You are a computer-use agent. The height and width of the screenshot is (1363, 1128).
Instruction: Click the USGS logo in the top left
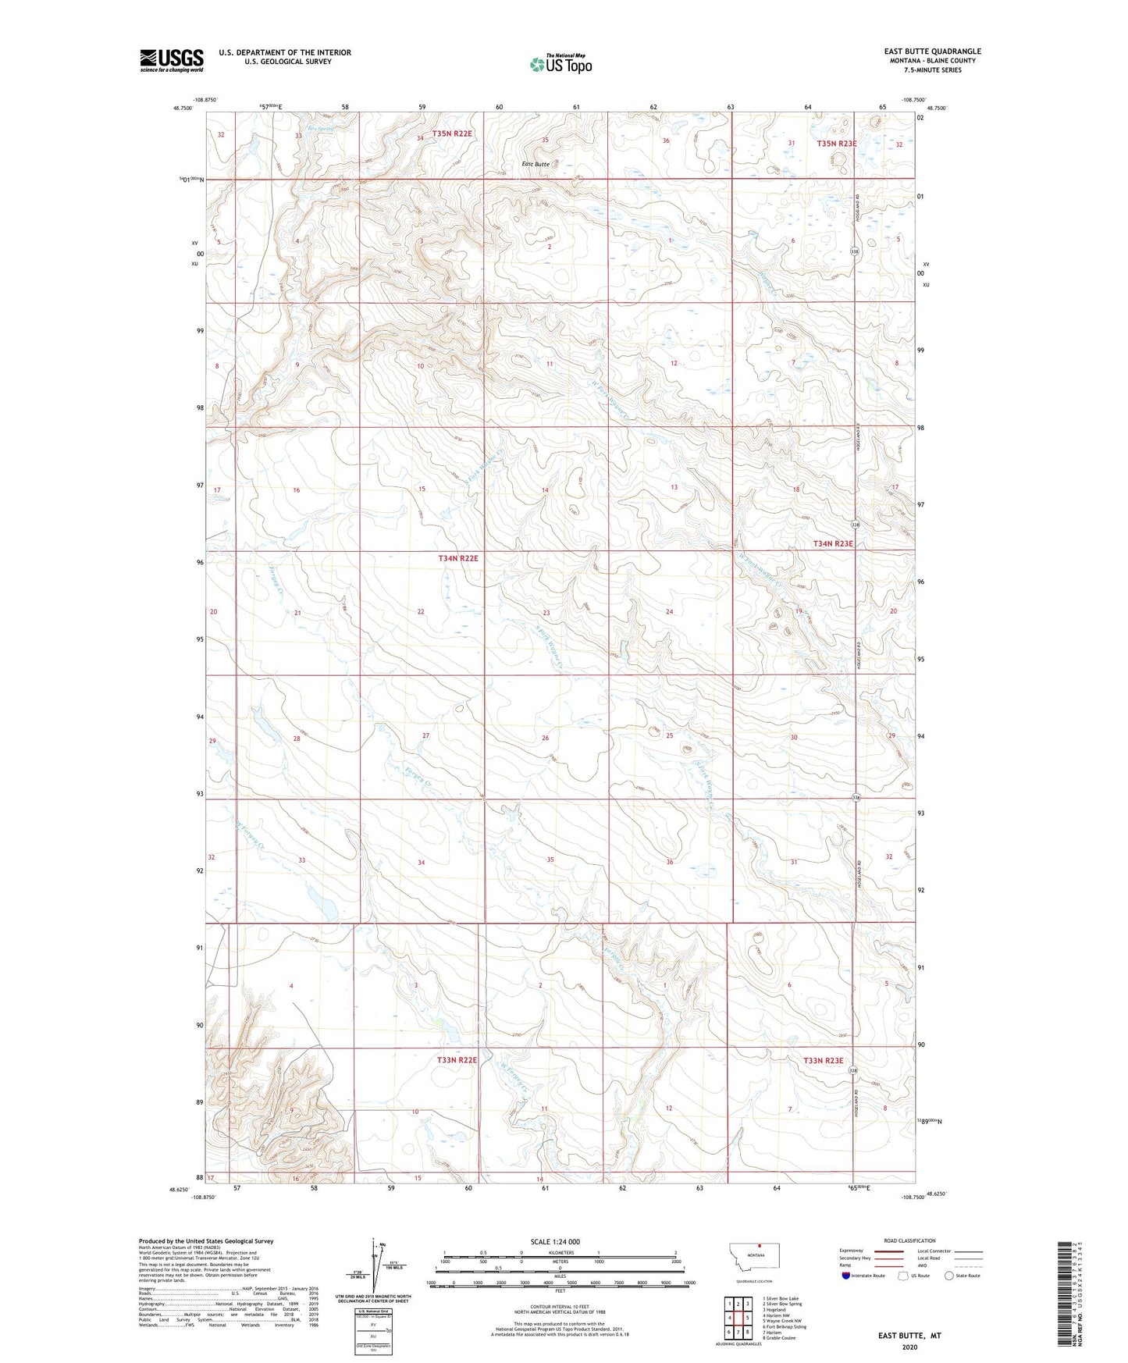171,59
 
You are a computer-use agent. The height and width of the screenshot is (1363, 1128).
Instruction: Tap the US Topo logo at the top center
560,64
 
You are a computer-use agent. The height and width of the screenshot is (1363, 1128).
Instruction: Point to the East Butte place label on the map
536,164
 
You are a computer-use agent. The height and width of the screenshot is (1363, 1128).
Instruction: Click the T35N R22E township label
452,133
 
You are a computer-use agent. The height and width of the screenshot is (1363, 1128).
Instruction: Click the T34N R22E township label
458,558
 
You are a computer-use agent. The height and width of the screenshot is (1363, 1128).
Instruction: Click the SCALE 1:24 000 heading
555,1241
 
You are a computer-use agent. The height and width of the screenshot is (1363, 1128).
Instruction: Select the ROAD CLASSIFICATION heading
909,1240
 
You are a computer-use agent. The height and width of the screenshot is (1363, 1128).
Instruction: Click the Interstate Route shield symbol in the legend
846,1276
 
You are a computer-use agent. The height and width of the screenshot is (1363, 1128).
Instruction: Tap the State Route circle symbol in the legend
949,1276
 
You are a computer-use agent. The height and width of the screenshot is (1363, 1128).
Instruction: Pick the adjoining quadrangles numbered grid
738,1317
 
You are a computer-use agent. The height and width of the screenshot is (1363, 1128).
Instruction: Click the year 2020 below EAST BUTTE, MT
909,1347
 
